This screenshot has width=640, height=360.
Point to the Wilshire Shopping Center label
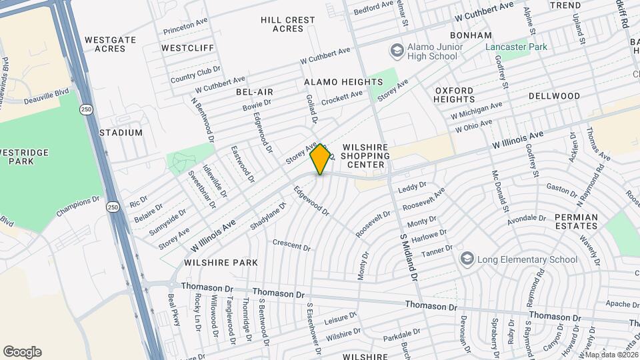pos(364,155)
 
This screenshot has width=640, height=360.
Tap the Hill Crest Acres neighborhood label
pos(288,25)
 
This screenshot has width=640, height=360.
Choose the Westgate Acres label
pos(111,44)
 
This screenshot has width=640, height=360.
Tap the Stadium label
pos(121,133)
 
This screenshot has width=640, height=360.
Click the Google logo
pos(22,352)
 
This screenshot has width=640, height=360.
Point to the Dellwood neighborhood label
pos(555,96)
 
